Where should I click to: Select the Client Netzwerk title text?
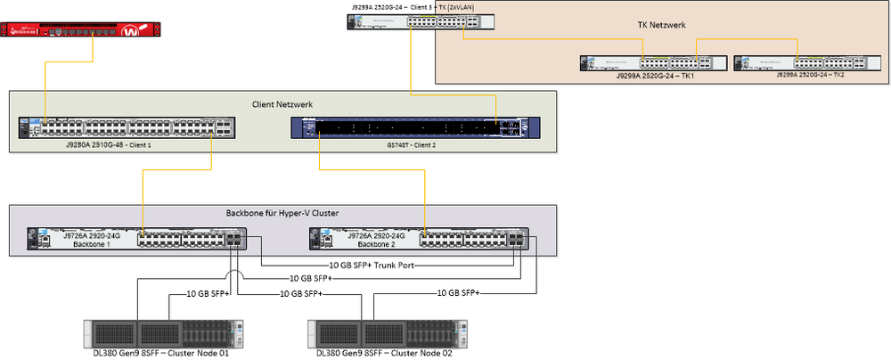(282, 105)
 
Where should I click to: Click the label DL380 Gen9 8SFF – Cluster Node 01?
(148, 353)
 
